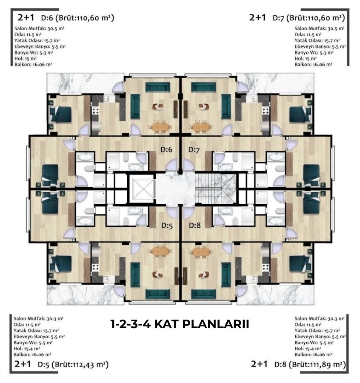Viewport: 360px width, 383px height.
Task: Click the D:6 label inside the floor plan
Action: point(166,149)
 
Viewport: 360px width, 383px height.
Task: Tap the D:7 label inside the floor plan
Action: point(194,150)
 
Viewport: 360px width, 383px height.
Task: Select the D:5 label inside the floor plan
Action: point(167,226)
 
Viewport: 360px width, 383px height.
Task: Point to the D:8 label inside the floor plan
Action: point(195,225)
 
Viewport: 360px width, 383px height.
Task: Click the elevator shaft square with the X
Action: point(142,189)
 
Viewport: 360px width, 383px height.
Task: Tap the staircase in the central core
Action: point(215,189)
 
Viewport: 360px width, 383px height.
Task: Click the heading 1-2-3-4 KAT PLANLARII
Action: point(180,324)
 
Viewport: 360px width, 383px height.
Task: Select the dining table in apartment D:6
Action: point(160,126)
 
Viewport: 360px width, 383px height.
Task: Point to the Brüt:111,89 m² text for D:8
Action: point(317,365)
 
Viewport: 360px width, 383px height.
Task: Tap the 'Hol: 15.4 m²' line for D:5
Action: point(27,349)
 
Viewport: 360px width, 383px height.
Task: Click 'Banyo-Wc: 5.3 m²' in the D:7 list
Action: point(314,52)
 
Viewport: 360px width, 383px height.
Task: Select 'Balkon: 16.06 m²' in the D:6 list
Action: point(33,65)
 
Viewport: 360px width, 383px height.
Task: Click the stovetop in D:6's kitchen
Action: point(95,111)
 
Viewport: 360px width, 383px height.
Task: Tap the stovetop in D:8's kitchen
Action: point(266,267)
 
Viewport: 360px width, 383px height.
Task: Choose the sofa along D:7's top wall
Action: point(203,87)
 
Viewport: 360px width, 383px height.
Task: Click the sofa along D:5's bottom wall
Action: point(157,294)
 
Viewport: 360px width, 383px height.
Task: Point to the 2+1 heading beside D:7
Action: point(257,17)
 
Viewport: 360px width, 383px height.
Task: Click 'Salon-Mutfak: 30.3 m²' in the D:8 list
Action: point(320,318)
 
